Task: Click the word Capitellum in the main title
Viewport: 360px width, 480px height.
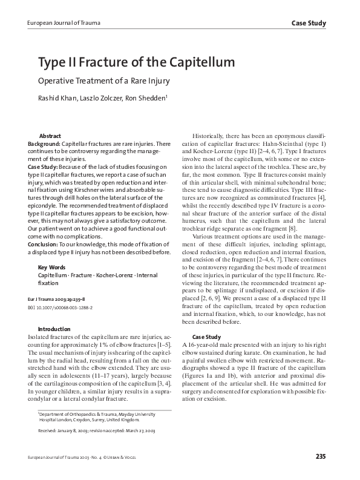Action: [193, 62]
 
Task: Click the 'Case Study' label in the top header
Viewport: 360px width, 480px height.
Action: [309, 23]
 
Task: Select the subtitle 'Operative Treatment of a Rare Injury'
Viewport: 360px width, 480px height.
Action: [104, 81]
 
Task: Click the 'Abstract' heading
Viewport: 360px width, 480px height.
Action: [50, 136]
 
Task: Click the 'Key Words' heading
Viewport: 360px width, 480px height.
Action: [52, 267]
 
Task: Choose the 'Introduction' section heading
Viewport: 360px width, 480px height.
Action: [54, 329]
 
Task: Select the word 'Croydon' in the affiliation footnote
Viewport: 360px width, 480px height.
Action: [80, 418]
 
